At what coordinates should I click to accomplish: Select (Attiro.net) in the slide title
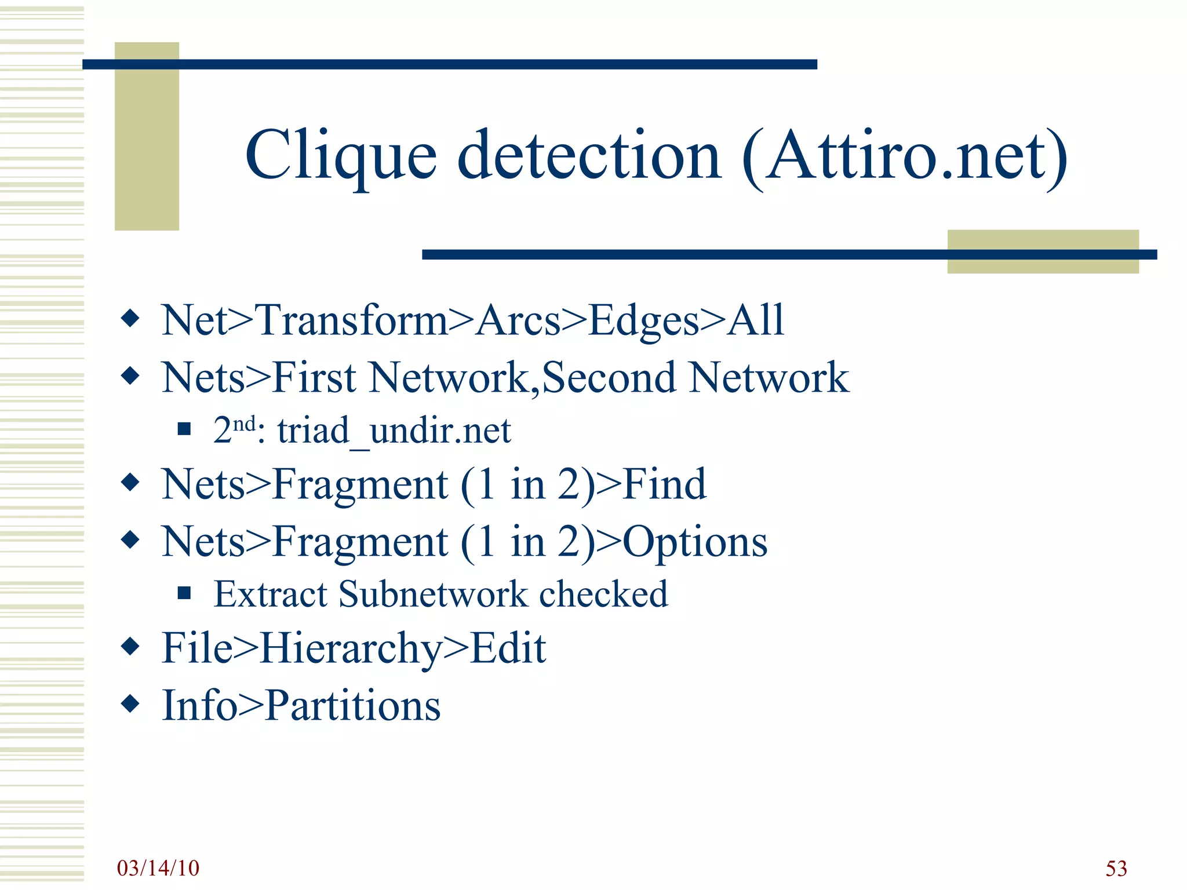pos(905,156)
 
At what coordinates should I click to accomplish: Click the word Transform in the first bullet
pos(352,320)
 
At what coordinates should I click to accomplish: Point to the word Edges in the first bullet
pos(644,320)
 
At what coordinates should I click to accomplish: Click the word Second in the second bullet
pos(609,378)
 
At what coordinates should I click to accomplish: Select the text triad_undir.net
pos(394,431)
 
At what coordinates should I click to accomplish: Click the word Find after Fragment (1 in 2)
pos(664,484)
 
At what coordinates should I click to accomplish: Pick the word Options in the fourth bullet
pos(695,542)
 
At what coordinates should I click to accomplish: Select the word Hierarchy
pos(351,648)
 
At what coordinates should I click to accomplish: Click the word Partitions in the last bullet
pos(353,706)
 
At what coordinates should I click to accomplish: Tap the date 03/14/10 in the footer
pos(158,868)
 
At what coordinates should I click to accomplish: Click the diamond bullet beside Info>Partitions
pos(130,704)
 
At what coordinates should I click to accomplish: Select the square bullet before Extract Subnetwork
pos(184,593)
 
